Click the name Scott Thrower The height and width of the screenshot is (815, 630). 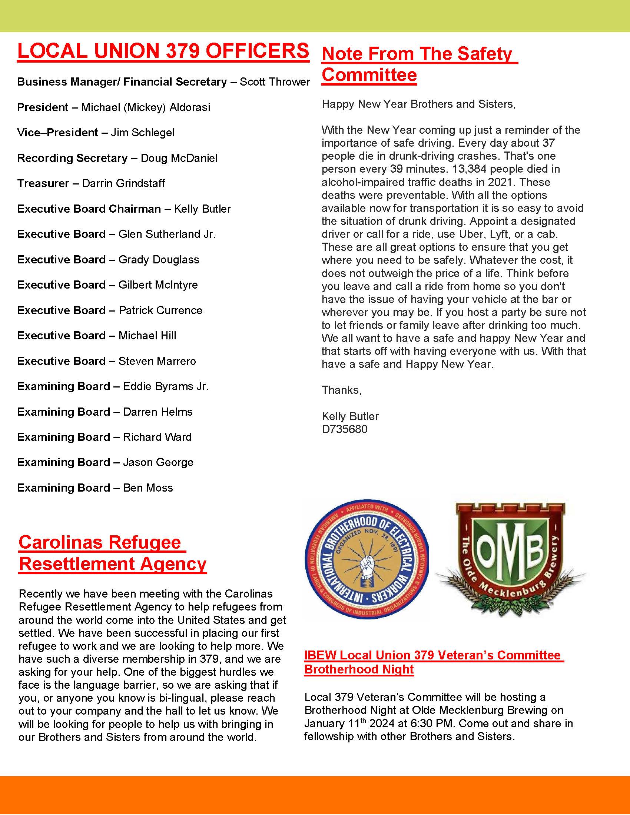274,82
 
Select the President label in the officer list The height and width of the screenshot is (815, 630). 43,107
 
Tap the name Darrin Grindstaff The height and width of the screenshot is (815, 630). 123,183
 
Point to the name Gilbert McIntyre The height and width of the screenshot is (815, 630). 158,285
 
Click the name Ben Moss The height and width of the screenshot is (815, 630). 148,488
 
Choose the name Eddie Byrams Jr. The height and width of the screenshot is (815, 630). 166,386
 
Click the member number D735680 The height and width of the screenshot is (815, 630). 345,429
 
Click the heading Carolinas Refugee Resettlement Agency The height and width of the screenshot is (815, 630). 112,553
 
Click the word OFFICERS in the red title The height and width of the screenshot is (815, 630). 257,51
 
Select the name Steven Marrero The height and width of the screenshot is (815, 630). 157,361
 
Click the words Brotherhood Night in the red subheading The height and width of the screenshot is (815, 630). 359,669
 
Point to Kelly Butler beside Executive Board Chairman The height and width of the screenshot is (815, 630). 202,209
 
